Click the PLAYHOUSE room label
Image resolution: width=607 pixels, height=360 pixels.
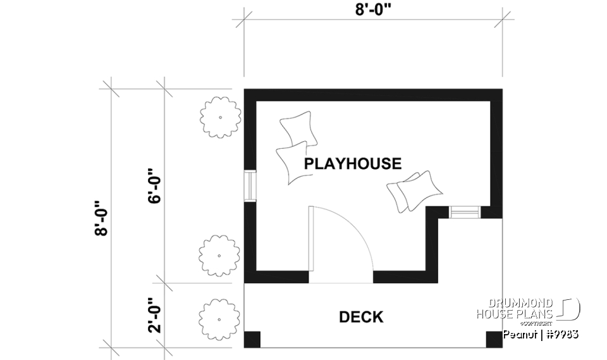pyautogui.click(x=352, y=164)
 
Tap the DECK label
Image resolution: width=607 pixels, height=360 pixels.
pyautogui.click(x=361, y=317)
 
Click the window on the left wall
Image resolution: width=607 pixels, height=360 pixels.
pyautogui.click(x=250, y=186)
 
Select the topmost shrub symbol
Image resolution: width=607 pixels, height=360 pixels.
pyautogui.click(x=220, y=117)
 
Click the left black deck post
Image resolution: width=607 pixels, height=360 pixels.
pyautogui.click(x=252, y=339)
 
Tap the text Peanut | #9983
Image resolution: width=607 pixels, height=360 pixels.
pyautogui.click(x=541, y=333)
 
